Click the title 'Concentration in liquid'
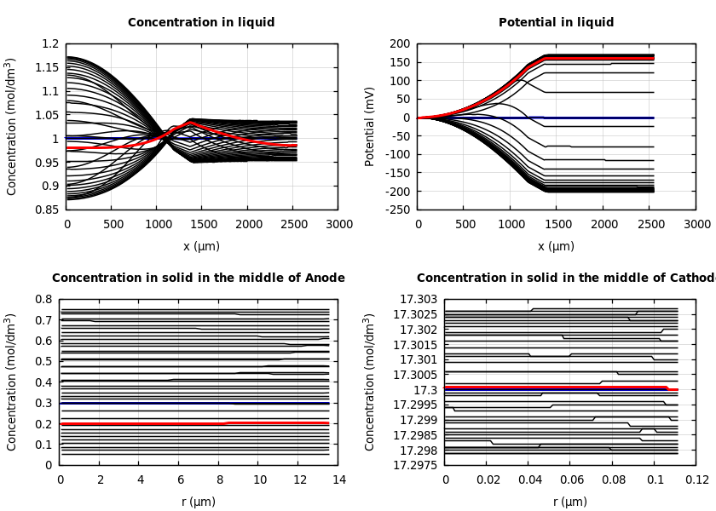click(201, 23)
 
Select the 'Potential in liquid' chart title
click(556, 23)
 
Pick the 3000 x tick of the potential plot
click(696, 224)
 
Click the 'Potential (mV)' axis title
click(370, 126)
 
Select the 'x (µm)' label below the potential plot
click(556, 246)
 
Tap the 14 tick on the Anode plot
click(338, 479)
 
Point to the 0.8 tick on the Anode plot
click(43, 300)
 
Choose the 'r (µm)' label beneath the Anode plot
click(200, 502)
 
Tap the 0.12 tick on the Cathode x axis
click(696, 479)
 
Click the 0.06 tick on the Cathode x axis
click(571, 479)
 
